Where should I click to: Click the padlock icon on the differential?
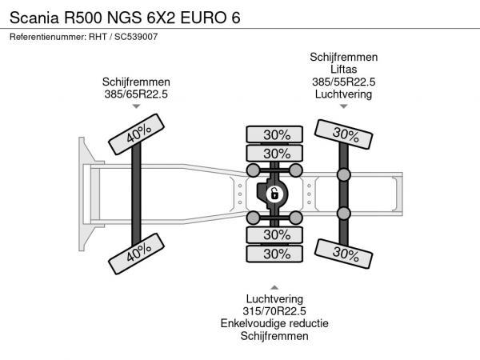pyautogui.click(x=274, y=194)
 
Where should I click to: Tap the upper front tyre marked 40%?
pyautogui.click(x=136, y=134)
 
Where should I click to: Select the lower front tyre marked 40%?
pyautogui.click(x=136, y=254)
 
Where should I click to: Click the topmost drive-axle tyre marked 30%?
pyautogui.click(x=274, y=134)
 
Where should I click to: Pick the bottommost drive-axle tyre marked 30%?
pyautogui.click(x=274, y=254)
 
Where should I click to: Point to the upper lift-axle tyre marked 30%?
pyautogui.click(x=343, y=134)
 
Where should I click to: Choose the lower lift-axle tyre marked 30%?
pyautogui.click(x=343, y=254)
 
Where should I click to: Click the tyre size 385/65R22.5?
pyautogui.click(x=136, y=94)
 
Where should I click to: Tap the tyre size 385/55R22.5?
pyautogui.click(x=343, y=82)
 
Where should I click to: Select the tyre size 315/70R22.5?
pyautogui.click(x=274, y=311)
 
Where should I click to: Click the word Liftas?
pyautogui.click(x=343, y=69)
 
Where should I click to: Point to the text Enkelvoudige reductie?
pyautogui.click(x=274, y=323)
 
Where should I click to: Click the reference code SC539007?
pyautogui.click(x=136, y=37)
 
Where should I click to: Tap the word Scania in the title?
pyautogui.click(x=34, y=18)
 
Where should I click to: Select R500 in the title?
pyautogui.click(x=83, y=18)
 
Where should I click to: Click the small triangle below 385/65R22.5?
pyautogui.click(x=136, y=106)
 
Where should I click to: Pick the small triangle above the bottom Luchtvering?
pyautogui.click(x=274, y=287)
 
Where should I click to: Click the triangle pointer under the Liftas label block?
pyautogui.click(x=343, y=106)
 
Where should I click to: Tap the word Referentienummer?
pyautogui.click(x=48, y=37)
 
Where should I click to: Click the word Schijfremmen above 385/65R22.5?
pyautogui.click(x=136, y=82)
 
